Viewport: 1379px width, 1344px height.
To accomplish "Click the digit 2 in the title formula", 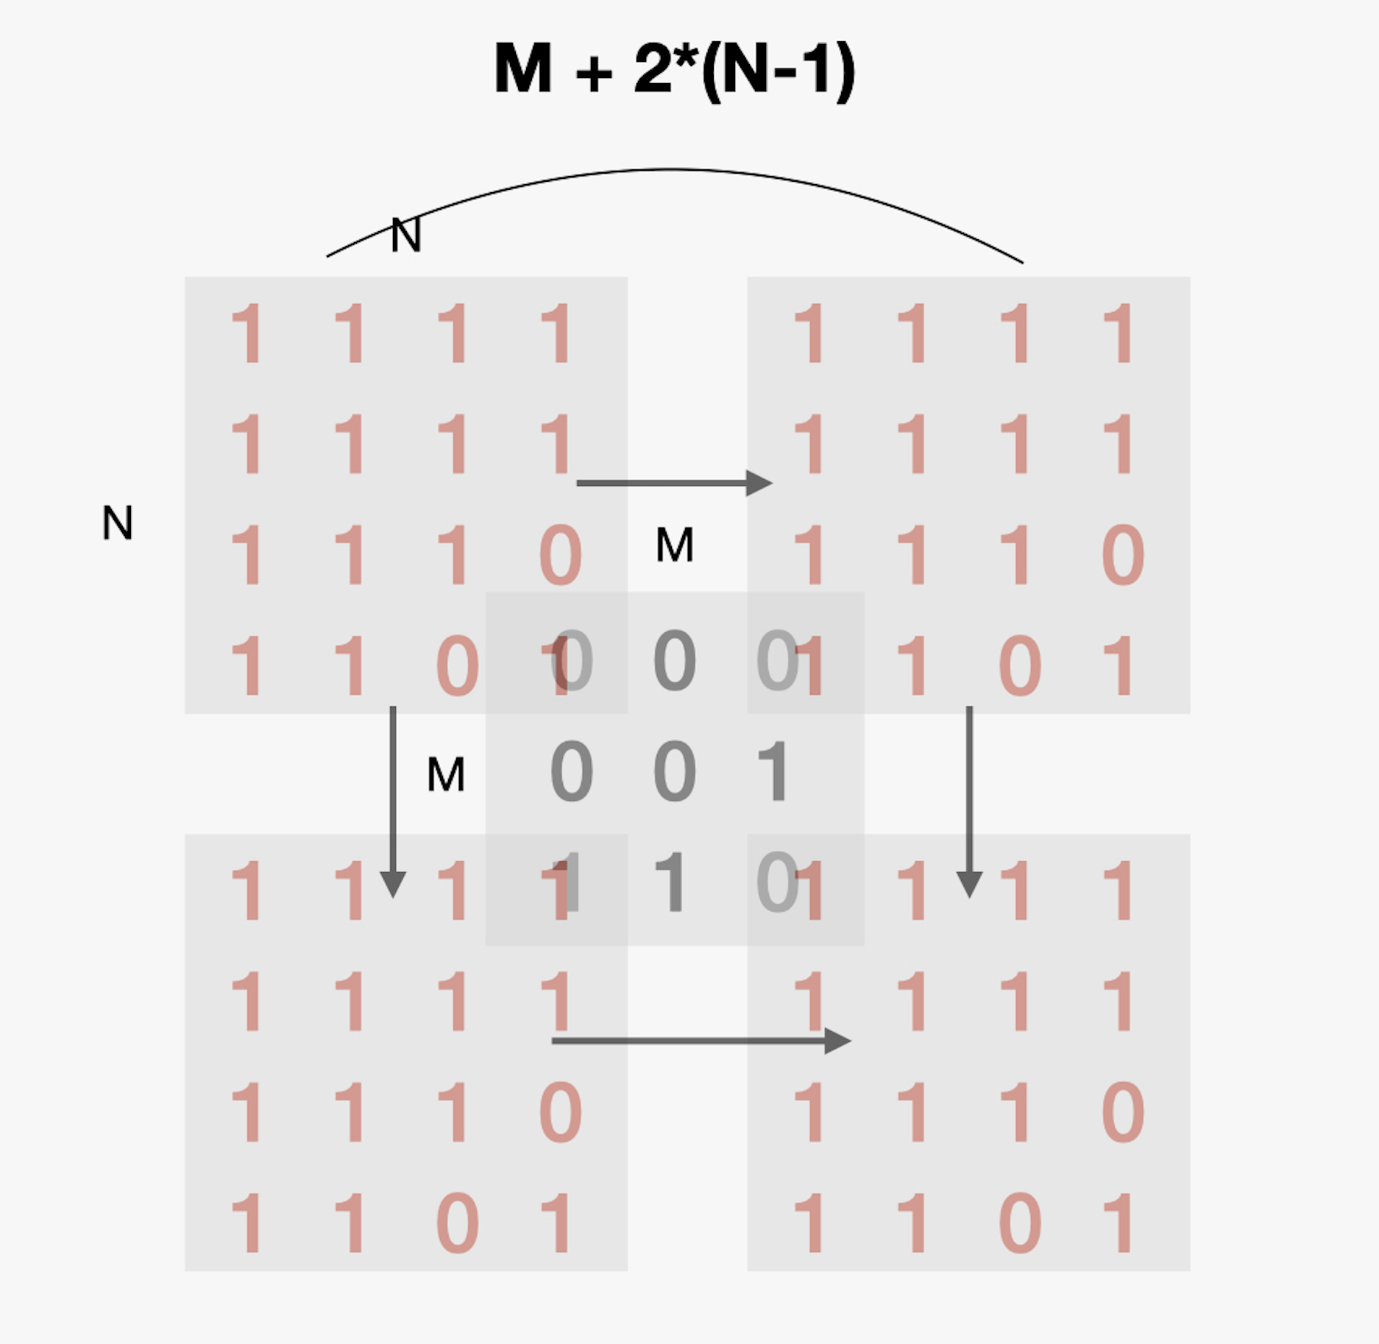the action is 654,69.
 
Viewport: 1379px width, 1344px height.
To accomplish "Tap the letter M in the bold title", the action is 523,69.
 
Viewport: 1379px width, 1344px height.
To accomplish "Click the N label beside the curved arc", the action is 405,236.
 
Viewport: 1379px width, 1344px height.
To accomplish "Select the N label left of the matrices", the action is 118,523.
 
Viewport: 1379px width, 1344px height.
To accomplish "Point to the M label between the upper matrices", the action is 674,545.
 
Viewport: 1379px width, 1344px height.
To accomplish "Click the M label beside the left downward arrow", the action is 446,774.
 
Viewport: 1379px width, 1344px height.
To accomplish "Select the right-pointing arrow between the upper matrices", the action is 673,483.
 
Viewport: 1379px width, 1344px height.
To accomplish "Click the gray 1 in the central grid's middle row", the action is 773,771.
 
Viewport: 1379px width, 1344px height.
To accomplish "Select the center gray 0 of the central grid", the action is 674,771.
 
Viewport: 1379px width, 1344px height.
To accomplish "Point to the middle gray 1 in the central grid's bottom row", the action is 671,882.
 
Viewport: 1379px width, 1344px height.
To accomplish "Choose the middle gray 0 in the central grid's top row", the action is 674,661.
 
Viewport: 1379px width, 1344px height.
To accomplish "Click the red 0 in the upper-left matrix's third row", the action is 560,555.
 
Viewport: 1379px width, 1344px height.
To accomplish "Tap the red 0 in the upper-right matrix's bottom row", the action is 1019,667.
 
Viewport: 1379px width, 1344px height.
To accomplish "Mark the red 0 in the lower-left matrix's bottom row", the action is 457,1223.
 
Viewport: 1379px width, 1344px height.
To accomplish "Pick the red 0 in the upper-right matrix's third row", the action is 1123,555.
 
